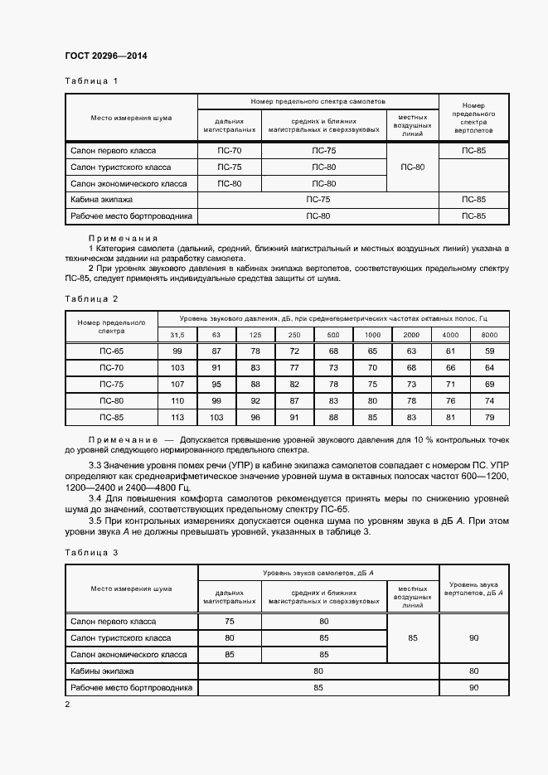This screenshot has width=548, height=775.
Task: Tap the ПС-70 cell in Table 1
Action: tap(229, 151)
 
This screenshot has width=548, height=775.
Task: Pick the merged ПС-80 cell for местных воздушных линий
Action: tap(412, 167)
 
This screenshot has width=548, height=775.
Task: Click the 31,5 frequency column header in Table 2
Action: tap(177, 335)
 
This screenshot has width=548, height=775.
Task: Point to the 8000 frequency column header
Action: tap(489, 335)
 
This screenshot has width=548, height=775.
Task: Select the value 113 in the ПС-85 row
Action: tap(177, 417)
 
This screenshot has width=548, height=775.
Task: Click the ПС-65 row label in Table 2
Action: tap(111, 351)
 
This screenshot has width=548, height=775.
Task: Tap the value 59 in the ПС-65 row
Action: tap(489, 351)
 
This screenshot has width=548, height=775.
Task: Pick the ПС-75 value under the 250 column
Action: tap(294, 384)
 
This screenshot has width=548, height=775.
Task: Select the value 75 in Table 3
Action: tap(229, 621)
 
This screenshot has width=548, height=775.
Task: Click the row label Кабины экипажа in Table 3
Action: tap(102, 671)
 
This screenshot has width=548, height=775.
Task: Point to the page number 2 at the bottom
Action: tap(68, 704)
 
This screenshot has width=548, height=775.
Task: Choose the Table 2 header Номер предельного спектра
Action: tap(111, 326)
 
